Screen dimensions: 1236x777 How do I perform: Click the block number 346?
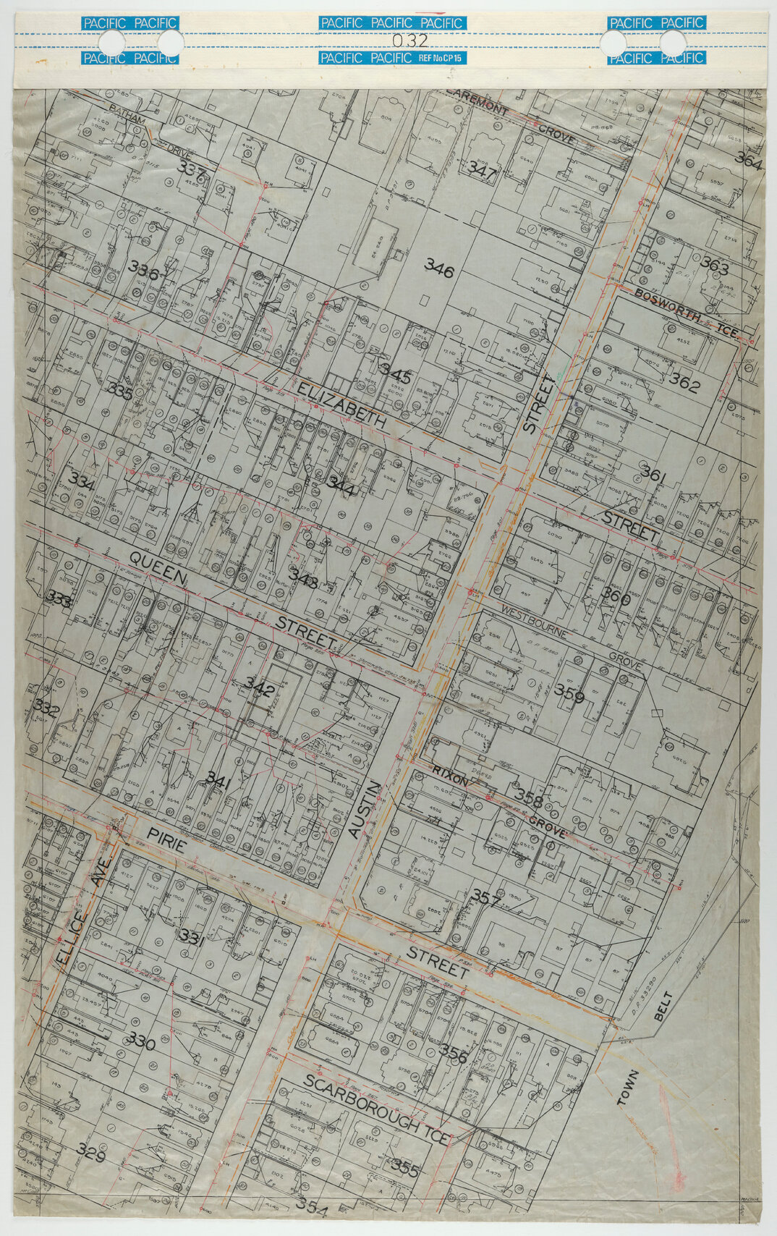point(439,271)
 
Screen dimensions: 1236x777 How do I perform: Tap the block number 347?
point(482,169)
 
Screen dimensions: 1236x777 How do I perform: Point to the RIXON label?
point(451,775)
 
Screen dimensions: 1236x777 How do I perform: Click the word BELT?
point(664,1007)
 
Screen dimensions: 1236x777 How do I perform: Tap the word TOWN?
point(627,1088)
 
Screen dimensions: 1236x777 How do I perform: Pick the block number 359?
point(569,691)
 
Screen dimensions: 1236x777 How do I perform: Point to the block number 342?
point(260,685)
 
